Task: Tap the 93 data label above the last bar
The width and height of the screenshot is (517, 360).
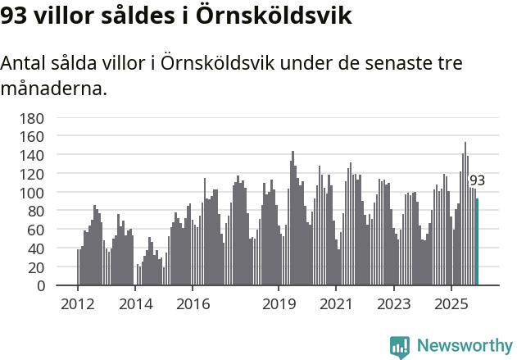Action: (x=477, y=180)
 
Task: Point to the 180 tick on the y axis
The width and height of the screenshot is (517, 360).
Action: (x=32, y=117)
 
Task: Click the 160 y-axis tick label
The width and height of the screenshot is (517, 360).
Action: (x=32, y=136)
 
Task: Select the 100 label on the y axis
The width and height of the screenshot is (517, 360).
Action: (x=32, y=192)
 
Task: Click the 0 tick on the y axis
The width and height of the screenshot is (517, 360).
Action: (x=40, y=285)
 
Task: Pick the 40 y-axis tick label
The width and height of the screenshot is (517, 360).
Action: (x=35, y=248)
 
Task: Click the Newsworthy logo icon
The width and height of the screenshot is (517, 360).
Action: (x=400, y=347)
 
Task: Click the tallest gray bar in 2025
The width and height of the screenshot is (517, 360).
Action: (x=465, y=213)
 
